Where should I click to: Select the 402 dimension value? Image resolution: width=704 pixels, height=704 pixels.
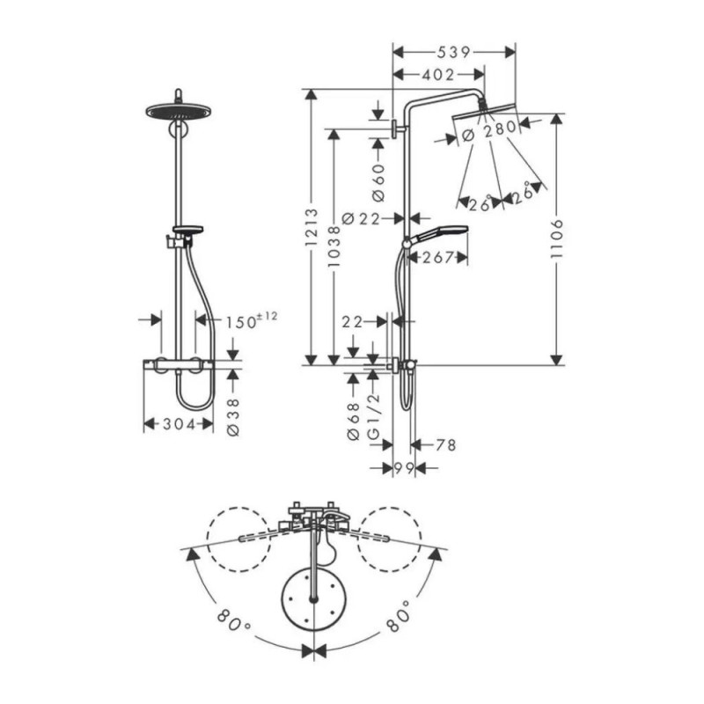pyautogui.click(x=437, y=76)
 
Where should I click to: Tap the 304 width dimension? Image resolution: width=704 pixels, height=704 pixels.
pyautogui.click(x=179, y=423)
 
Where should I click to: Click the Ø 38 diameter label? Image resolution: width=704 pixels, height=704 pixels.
pyautogui.click(x=233, y=411)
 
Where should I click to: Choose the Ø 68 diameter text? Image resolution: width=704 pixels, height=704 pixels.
pyautogui.click(x=354, y=422)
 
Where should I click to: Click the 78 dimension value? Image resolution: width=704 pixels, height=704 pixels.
pyautogui.click(x=445, y=445)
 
